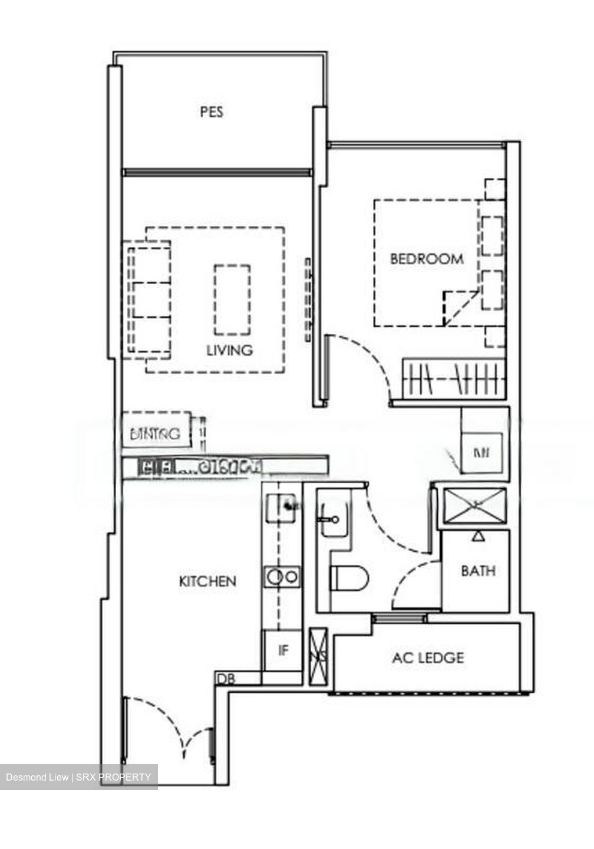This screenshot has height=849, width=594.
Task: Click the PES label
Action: [211, 111]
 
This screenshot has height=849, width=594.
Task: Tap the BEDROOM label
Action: [427, 258]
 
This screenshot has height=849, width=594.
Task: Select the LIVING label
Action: [229, 350]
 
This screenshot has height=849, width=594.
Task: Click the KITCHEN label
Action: [207, 581]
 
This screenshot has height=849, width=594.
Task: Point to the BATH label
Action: [478, 571]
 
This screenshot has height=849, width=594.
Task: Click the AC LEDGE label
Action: [428, 657]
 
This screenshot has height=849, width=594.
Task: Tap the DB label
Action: [226, 679]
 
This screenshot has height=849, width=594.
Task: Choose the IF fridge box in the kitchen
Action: [283, 650]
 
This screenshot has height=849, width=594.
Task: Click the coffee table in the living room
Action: [232, 299]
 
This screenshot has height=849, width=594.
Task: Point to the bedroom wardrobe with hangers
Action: [454, 377]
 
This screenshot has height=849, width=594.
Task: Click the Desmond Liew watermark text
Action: [78, 777]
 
